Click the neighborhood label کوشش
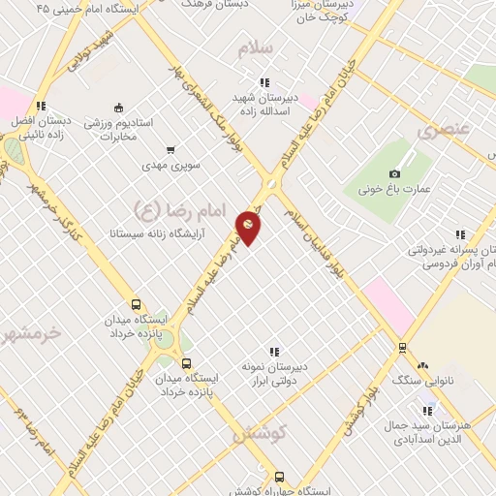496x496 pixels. tap(256, 435)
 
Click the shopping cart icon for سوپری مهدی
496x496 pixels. tap(170, 149)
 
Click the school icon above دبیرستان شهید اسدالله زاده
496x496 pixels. tap(262, 84)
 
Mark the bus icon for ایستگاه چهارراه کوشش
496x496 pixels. tap(280, 477)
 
